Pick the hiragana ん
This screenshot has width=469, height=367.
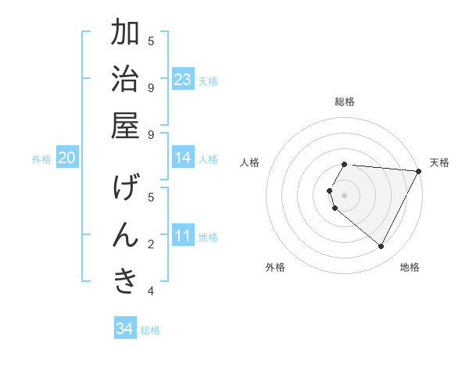pyautogui.click(x=125, y=234)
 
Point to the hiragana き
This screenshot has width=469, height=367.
pyautogui.click(x=125, y=281)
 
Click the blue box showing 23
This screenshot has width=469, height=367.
pyautogui.click(x=183, y=80)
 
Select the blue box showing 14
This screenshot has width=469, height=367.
pyautogui.click(x=183, y=158)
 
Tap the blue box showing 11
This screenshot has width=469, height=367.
pyautogui.click(x=183, y=236)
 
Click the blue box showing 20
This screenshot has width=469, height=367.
pyautogui.click(x=67, y=158)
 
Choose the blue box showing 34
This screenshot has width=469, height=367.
pyautogui.click(x=125, y=329)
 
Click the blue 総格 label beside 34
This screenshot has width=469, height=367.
pyautogui.click(x=150, y=330)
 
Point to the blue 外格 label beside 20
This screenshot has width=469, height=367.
pyautogui.click(x=41, y=159)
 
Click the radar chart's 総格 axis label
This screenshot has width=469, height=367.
pyautogui.click(x=345, y=102)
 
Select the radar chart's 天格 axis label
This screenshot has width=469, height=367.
pyautogui.click(x=439, y=162)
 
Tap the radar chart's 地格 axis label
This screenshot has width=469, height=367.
pyautogui.click(x=410, y=267)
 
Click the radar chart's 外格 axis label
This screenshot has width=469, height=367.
pyautogui.click(x=275, y=267)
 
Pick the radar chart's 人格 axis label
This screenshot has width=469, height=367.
pyautogui.click(x=250, y=162)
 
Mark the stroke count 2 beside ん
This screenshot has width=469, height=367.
pyautogui.click(x=151, y=244)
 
